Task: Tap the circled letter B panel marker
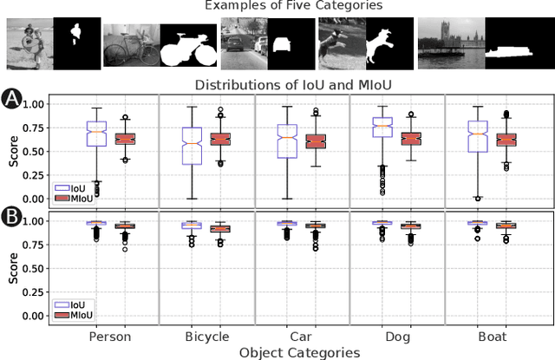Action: (x=12, y=213)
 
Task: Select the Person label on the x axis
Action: (x=110, y=336)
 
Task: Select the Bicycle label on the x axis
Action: (x=207, y=336)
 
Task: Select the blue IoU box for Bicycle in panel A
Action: (x=192, y=145)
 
